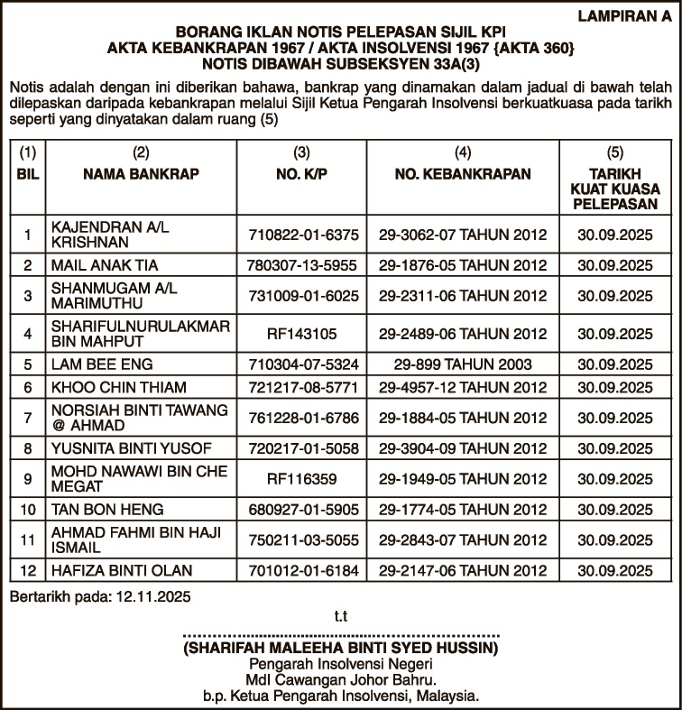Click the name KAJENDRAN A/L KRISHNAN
point(109,236)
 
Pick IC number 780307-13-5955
point(302,266)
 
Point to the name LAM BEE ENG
point(102,365)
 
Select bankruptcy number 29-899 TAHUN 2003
point(463,365)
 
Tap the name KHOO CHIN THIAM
point(119,388)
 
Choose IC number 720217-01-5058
point(302,448)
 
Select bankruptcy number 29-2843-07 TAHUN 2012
point(463,540)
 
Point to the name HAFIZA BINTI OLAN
point(122,571)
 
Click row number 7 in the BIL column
point(28,419)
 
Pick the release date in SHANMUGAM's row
point(614,296)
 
